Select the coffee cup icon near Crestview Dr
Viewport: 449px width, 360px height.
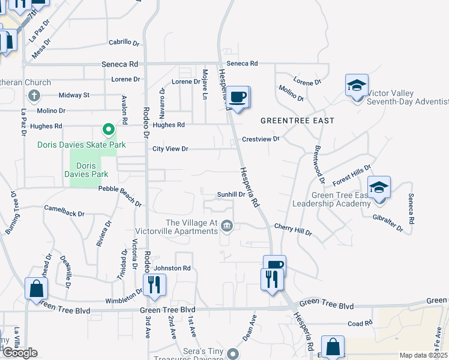click(238, 97)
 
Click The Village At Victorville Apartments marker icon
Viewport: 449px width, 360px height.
click(227, 226)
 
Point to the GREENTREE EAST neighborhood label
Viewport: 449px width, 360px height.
click(297, 121)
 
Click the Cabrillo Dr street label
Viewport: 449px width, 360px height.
click(124, 43)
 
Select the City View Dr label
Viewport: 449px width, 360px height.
click(170, 149)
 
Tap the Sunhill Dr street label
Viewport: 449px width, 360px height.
click(231, 194)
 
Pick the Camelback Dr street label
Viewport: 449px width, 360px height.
click(64, 210)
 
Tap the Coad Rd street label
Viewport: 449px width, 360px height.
click(360, 323)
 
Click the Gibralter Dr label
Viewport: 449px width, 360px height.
click(387, 223)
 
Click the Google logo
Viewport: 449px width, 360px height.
click(19, 353)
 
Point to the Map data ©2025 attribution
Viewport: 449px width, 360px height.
click(423, 355)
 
